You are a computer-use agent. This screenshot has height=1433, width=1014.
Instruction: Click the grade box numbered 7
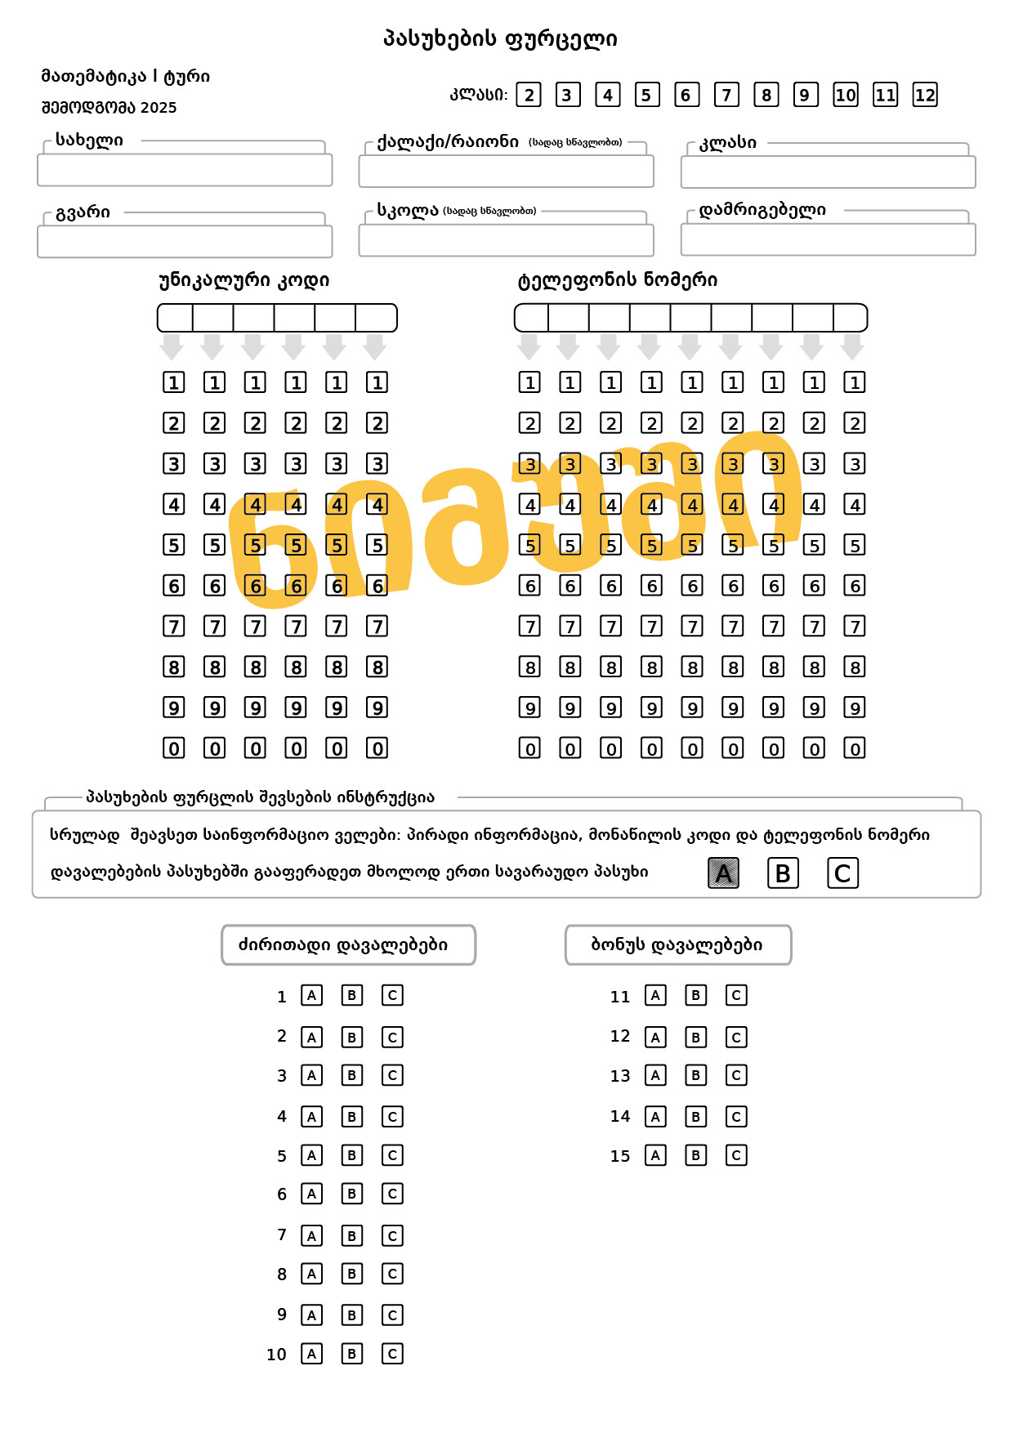726,95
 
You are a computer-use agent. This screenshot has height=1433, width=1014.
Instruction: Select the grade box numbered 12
925,95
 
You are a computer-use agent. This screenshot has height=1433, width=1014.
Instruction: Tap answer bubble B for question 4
352,1117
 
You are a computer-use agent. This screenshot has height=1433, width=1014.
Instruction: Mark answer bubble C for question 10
392,1354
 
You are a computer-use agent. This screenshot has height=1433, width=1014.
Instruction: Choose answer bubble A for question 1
311,995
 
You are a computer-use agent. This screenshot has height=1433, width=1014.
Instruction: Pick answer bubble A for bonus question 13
655,1075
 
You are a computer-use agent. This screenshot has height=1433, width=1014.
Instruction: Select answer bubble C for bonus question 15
736,1155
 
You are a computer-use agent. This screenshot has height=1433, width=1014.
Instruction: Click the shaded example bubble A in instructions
723,873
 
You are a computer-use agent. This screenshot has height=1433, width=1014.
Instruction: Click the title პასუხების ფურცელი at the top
500,38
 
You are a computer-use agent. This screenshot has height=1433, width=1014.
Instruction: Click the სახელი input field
185,170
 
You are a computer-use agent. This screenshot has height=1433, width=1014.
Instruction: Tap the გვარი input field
185,242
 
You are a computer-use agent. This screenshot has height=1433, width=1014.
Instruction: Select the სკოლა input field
506,240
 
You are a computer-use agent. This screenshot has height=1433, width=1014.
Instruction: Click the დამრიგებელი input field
828,239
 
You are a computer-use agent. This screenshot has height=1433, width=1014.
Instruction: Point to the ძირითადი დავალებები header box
348,945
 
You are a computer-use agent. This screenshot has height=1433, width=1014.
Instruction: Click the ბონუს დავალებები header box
678,945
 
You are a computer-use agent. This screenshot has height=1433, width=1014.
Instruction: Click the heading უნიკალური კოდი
243,280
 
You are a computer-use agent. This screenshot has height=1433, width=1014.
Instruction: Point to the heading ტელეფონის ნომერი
618,280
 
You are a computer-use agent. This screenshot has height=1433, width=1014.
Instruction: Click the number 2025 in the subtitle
159,108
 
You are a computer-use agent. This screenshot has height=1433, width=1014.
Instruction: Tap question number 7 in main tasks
282,1234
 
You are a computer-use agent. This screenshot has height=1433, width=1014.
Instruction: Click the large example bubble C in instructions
842,873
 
